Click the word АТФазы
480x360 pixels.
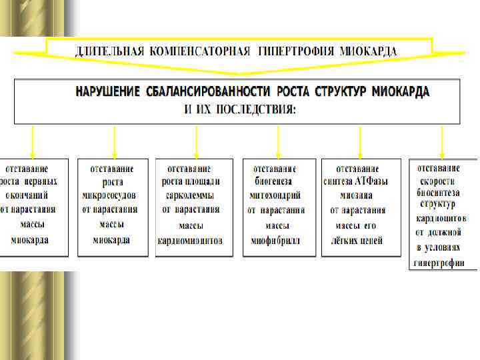(374, 181)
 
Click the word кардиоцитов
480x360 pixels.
(441, 218)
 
